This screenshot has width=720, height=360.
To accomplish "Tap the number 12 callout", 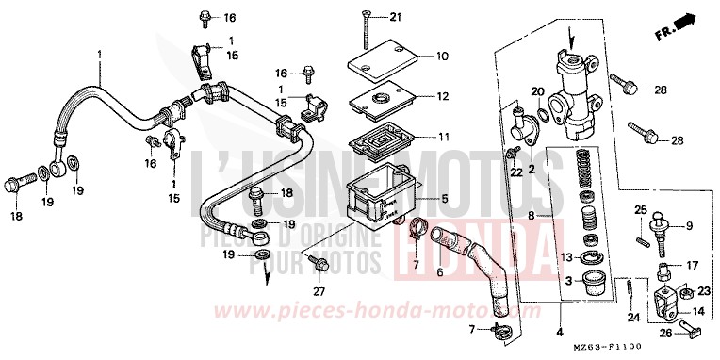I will (x=443, y=96).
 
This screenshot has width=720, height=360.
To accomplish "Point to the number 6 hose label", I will (x=439, y=273).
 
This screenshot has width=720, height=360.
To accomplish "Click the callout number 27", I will (x=318, y=291).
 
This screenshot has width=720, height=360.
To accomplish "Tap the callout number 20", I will (x=537, y=91).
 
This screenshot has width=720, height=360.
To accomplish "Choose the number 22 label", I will (x=517, y=171).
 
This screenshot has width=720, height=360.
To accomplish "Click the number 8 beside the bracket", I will (x=532, y=216).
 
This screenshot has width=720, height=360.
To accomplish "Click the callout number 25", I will (x=639, y=209).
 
